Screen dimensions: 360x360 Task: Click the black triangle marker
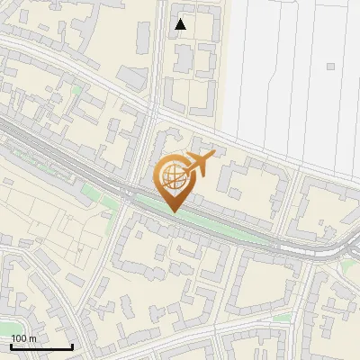point(181,24)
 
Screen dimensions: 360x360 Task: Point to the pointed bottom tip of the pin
point(174,211)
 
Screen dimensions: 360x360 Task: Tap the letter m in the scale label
point(32,338)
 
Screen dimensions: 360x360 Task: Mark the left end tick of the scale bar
point(12,346)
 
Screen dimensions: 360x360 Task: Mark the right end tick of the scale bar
point(72,346)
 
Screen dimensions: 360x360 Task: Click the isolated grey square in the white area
point(330,67)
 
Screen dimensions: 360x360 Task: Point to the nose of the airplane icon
point(212,157)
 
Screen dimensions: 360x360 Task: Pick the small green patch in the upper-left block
point(76,91)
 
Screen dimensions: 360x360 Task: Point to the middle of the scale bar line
point(41,346)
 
